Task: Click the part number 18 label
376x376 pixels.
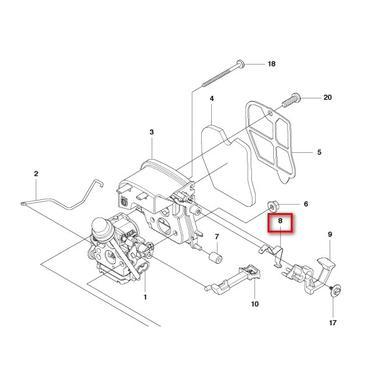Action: (x=271, y=64)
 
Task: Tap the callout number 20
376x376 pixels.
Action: (x=328, y=97)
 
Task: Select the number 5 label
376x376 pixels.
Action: (x=319, y=152)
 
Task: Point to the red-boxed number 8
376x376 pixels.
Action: (x=280, y=221)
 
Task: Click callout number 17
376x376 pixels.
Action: (x=333, y=323)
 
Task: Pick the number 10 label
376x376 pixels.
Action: (x=255, y=304)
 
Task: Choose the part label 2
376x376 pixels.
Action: (x=36, y=174)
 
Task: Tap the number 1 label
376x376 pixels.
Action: (x=145, y=297)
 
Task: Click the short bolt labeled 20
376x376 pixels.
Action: (x=291, y=100)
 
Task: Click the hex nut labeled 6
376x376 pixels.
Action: (x=273, y=207)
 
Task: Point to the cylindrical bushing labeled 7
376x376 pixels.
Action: (x=214, y=258)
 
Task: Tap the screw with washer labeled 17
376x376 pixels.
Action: (x=336, y=291)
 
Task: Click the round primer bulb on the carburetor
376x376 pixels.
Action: (x=101, y=228)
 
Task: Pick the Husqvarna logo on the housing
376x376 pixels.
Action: (x=124, y=201)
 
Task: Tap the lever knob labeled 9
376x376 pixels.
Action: (x=326, y=263)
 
